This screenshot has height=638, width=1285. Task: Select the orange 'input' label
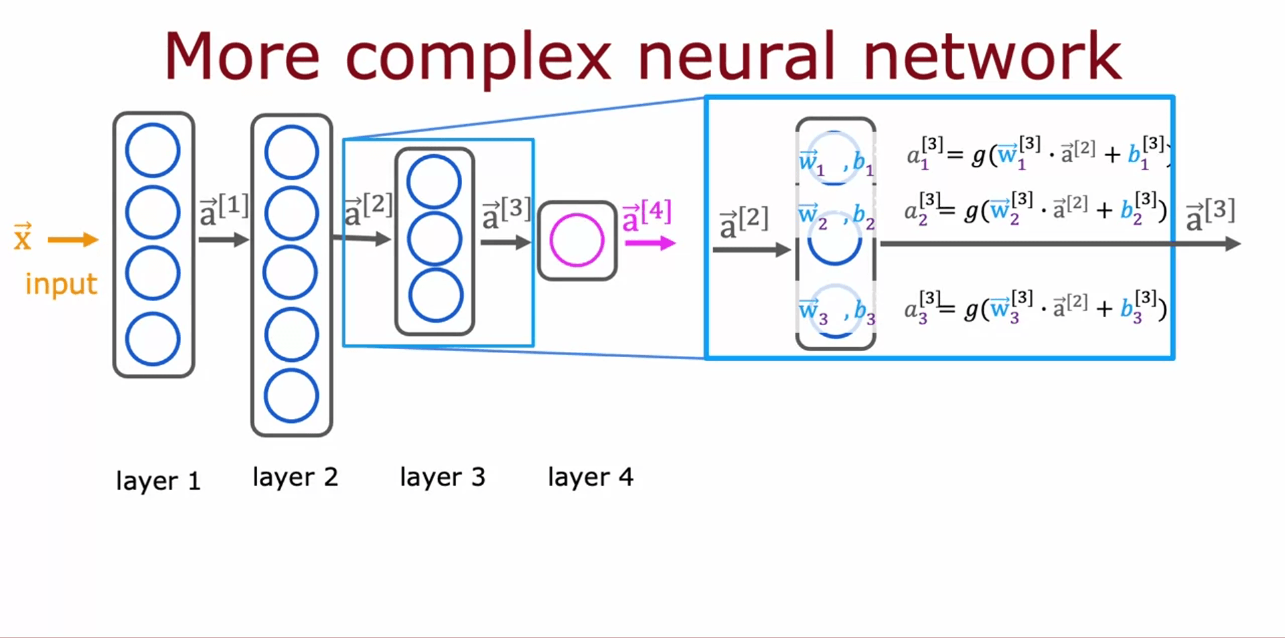(x=61, y=284)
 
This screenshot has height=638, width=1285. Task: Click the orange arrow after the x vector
(x=73, y=240)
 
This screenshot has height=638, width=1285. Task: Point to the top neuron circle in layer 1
(x=153, y=150)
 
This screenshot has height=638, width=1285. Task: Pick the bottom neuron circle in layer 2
(x=291, y=395)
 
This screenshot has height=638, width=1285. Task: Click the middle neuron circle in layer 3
(x=435, y=239)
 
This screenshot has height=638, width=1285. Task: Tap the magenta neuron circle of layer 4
(x=577, y=240)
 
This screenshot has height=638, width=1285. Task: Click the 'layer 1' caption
(x=158, y=481)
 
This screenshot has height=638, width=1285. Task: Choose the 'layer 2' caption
(x=295, y=477)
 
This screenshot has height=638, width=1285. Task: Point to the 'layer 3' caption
(x=442, y=477)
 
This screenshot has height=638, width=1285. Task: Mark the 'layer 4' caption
(x=590, y=477)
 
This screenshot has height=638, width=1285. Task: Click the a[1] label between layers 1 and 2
(x=224, y=209)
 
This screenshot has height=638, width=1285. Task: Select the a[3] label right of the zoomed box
(x=1210, y=214)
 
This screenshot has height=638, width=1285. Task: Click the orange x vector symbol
(x=23, y=237)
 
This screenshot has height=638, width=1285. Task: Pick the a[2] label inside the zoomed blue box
(x=743, y=222)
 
